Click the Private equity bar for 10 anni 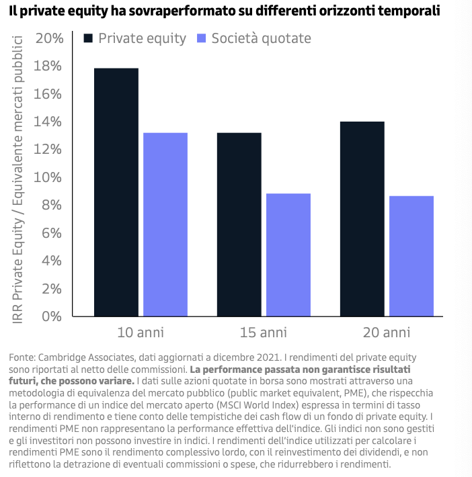point(116,192)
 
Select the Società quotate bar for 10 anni point(165,224)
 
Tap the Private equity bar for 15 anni point(239,224)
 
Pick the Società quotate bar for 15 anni point(288,255)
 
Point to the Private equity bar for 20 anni point(362,218)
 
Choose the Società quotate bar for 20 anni point(411,256)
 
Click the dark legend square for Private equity point(88,38)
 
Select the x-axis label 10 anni point(141,332)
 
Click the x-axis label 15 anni point(264,332)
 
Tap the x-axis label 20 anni point(387,332)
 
